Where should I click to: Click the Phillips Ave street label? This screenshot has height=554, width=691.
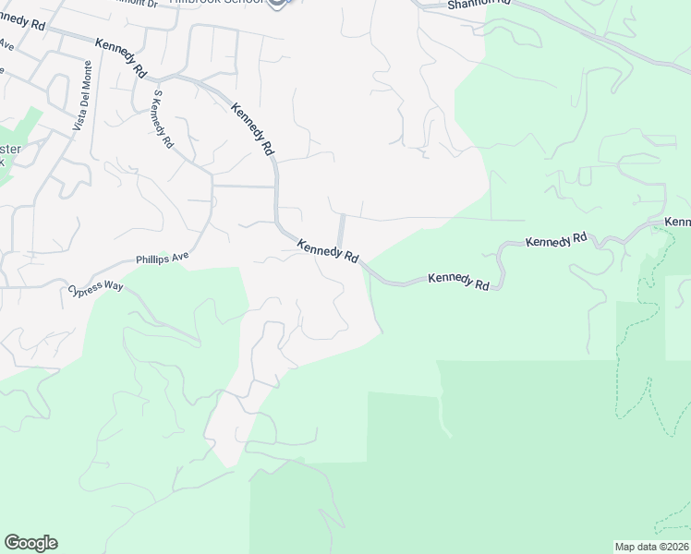click(163, 259)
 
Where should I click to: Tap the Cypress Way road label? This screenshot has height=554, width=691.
click(95, 289)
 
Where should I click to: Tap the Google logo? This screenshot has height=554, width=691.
click(30, 543)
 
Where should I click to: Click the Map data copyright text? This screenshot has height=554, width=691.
click(650, 547)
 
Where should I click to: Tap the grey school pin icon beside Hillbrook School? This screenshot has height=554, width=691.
click(278, 3)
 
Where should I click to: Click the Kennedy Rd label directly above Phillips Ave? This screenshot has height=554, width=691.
click(327, 250)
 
